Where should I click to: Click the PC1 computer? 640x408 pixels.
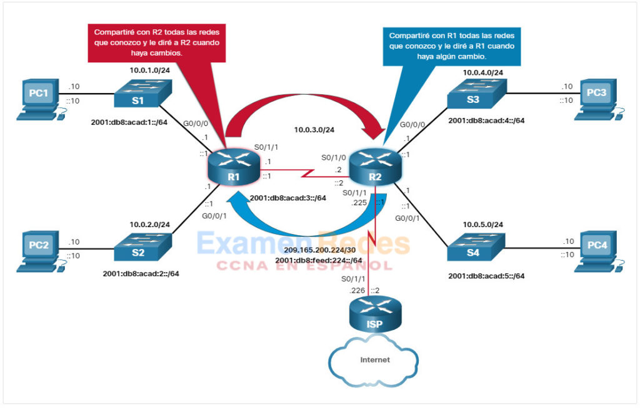38,98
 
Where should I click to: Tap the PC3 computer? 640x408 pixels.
596,98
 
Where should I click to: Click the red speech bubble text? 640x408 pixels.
156,42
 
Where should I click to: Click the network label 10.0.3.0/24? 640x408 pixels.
317,130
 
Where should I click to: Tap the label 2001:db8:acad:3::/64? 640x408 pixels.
288,198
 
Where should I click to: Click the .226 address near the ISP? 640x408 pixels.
357,291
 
